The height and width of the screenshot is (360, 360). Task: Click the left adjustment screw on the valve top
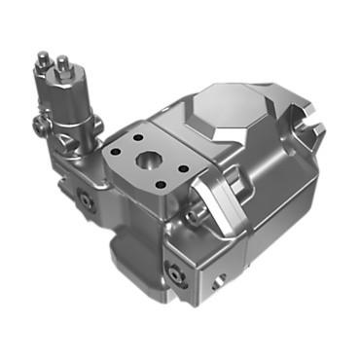(42, 60)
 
